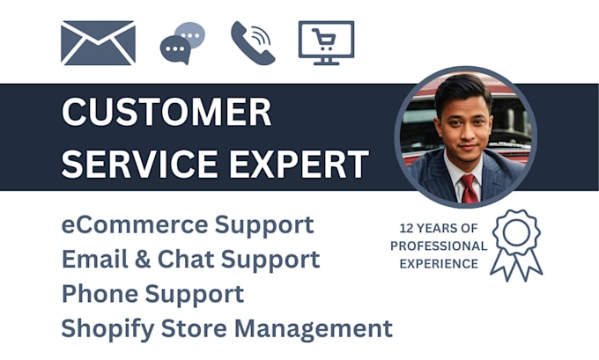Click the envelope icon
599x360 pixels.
pyautogui.click(x=98, y=42)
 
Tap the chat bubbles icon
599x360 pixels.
pyautogui.click(x=182, y=42)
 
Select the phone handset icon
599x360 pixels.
pyautogui.click(x=253, y=42)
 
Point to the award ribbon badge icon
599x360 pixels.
pyautogui.click(x=516, y=244)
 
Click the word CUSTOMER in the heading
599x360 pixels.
pyautogui.click(x=166, y=114)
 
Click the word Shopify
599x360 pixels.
pyautogui.click(x=104, y=329)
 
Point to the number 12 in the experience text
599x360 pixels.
pyautogui.click(x=407, y=228)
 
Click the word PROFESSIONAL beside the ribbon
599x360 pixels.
pyautogui.click(x=438, y=246)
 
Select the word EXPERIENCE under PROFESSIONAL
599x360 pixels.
pyautogui.click(x=438, y=263)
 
